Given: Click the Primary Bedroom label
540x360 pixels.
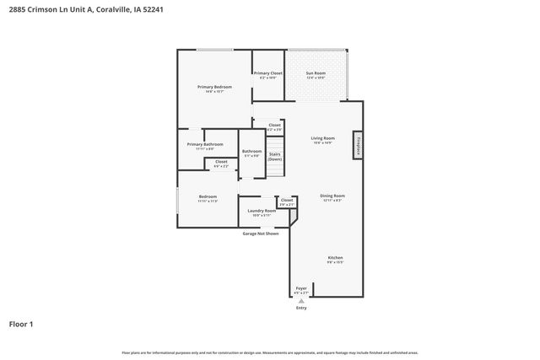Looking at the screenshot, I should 214,88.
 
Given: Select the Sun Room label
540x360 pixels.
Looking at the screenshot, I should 316,74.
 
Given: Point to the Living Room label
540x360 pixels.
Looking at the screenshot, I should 322,138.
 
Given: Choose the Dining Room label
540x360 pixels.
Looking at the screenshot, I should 332,196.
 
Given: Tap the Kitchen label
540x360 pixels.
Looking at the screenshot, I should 335,257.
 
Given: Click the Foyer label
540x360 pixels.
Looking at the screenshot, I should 301,288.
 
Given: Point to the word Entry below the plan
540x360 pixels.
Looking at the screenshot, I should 301,308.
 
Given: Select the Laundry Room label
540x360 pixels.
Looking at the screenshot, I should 261,211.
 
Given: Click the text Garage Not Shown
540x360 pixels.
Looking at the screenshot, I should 261,233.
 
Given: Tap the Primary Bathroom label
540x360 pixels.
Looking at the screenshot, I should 205,144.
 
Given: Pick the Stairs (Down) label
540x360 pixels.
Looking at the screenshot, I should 275,156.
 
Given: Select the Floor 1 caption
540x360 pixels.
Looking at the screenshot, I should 21,323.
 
